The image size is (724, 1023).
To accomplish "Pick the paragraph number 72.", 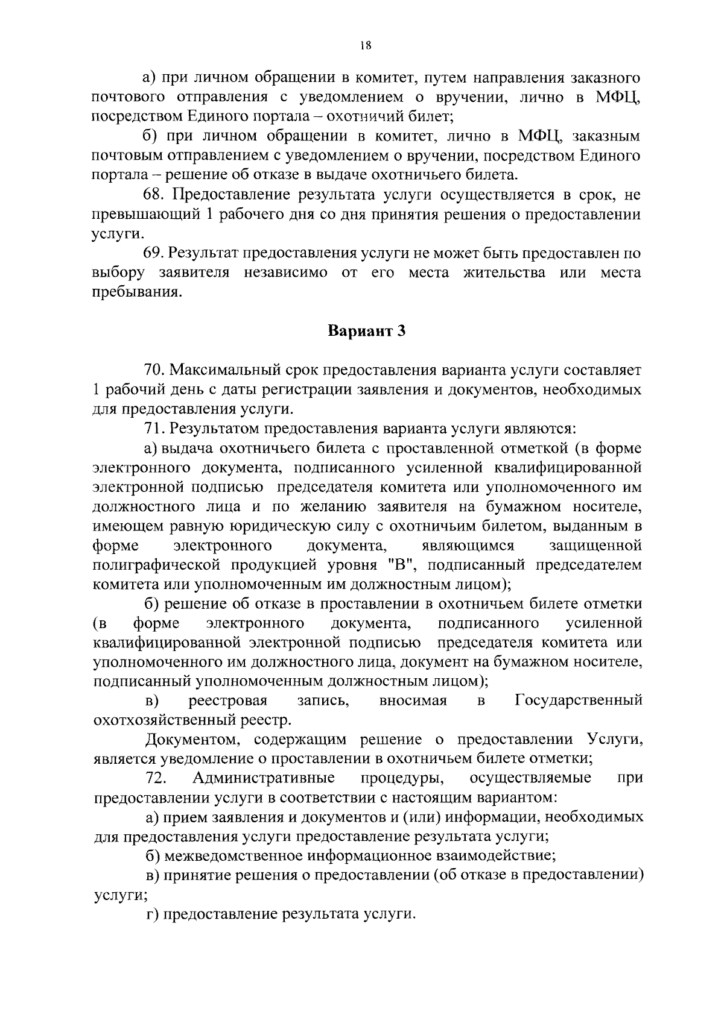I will pyautogui.click(x=156, y=778).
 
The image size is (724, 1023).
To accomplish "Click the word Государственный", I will pyautogui.click(x=579, y=700).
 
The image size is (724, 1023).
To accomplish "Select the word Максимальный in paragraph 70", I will pyautogui.click(x=232, y=370).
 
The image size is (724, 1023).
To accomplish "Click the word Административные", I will pyautogui.click(x=264, y=778).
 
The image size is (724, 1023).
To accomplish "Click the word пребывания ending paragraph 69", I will pyautogui.click(x=136, y=292).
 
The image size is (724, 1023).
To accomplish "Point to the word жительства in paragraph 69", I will pyautogui.click(x=504, y=272).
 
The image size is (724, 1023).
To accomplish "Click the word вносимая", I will pyautogui.click(x=413, y=700).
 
